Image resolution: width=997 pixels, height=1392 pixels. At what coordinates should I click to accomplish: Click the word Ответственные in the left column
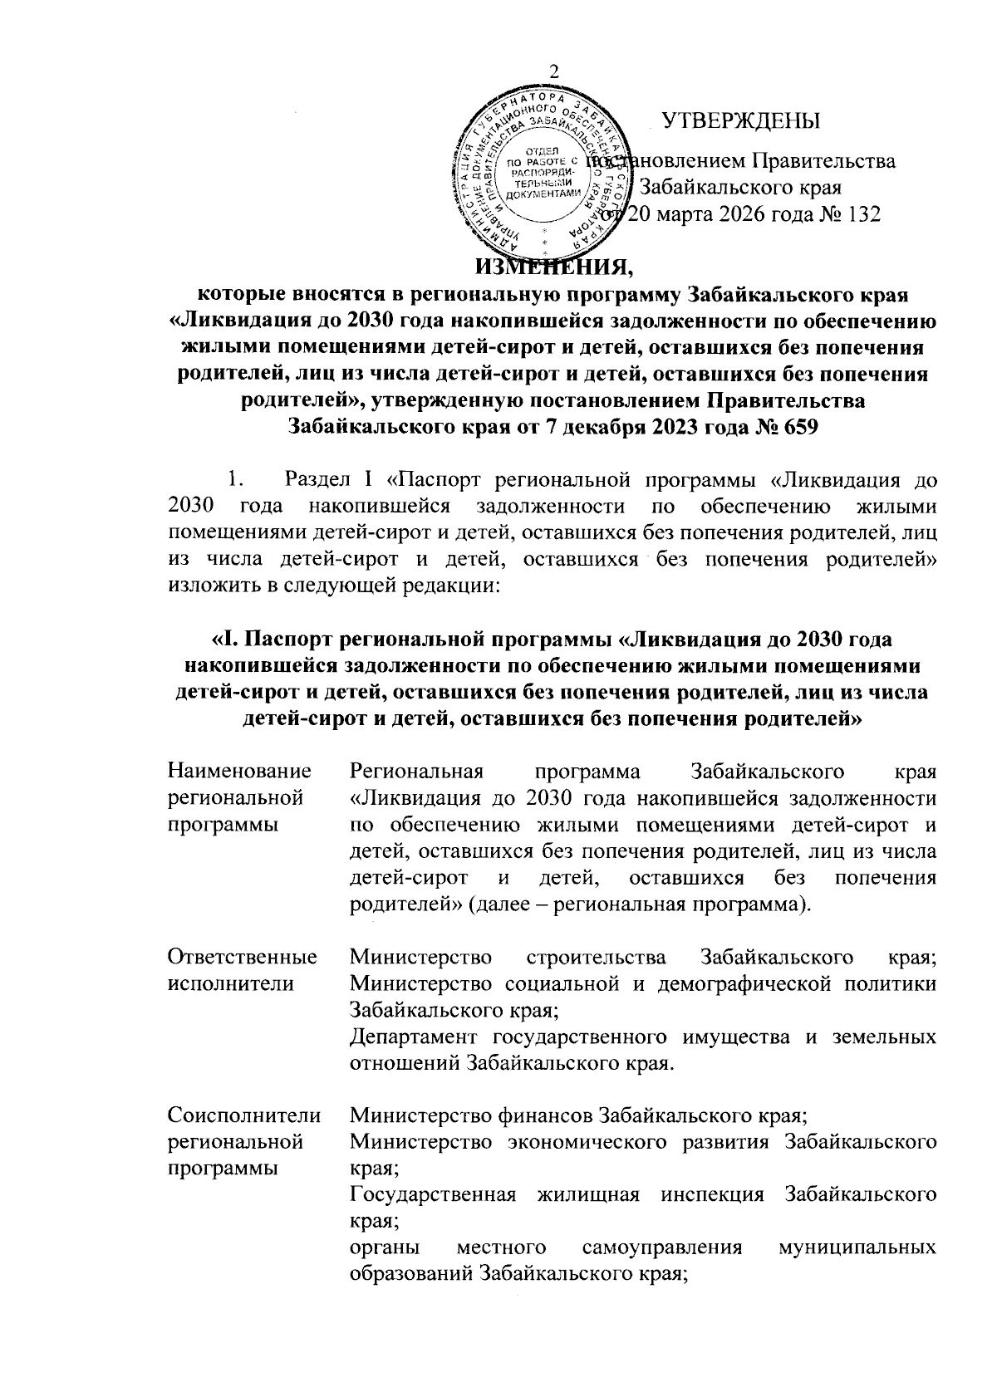pyautogui.click(x=242, y=957)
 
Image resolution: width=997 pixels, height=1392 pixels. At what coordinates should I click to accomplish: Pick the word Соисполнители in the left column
pyautogui.click(x=241, y=1115)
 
